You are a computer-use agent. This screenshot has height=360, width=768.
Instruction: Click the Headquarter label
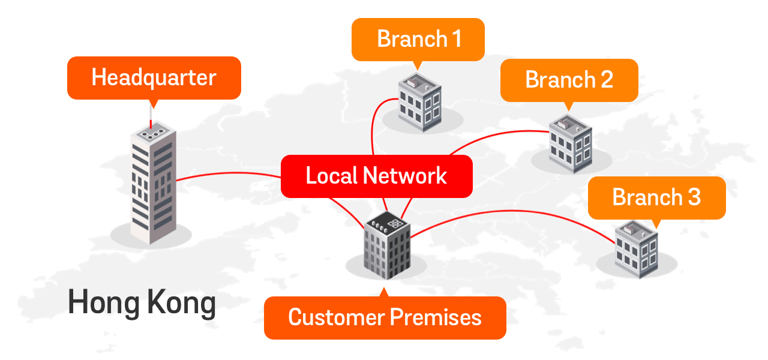click(x=154, y=78)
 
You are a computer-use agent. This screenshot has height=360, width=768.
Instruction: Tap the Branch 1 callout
click(x=418, y=39)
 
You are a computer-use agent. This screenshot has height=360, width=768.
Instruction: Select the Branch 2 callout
click(x=569, y=80)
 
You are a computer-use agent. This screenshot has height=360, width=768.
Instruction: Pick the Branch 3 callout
click(x=656, y=197)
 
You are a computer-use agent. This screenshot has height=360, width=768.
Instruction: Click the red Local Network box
click(x=376, y=176)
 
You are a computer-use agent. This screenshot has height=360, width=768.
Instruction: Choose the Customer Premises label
click(x=385, y=317)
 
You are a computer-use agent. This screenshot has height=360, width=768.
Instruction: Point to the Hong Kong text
click(x=142, y=303)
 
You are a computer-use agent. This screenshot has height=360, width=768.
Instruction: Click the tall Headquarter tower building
click(x=153, y=186)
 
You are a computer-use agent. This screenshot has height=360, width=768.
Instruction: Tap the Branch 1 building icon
click(x=420, y=103)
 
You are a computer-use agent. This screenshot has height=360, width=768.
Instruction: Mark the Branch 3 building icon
click(x=636, y=249)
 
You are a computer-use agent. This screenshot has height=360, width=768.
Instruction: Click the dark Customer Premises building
click(x=387, y=246)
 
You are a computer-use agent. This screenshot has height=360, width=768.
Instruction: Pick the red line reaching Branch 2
click(x=510, y=133)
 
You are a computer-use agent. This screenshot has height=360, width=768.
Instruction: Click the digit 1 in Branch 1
click(x=456, y=39)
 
